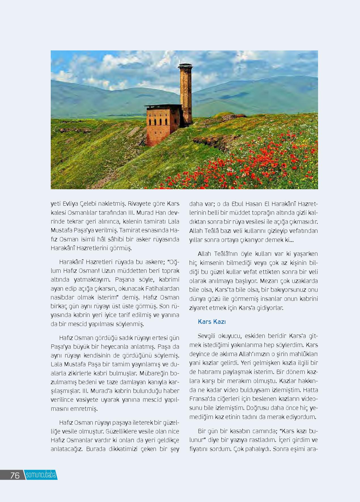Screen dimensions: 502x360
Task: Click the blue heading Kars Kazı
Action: (x=212, y=322)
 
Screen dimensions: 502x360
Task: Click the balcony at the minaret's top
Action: (x=186, y=66)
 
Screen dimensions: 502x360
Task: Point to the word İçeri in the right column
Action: (x=286, y=440)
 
